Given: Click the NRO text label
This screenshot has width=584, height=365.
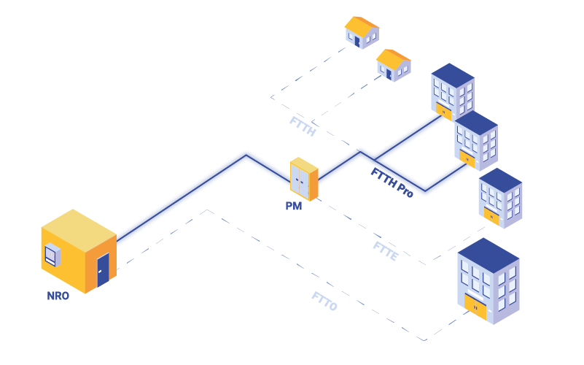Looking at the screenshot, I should pyautogui.click(x=58, y=296).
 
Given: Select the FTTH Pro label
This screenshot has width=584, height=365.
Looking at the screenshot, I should pyautogui.click(x=392, y=183).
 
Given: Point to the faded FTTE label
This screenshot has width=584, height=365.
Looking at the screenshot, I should pyautogui.click(x=385, y=250).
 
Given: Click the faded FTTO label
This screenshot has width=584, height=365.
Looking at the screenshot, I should pyautogui.click(x=324, y=301).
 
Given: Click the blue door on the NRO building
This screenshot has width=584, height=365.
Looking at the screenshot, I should pyautogui.click(x=103, y=269).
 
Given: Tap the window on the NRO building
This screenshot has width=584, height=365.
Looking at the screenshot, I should pyautogui.click(x=52, y=255).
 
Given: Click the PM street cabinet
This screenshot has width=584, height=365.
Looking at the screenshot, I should pyautogui.click(x=303, y=180).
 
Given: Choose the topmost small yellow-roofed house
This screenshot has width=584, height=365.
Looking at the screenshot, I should pyautogui.click(x=362, y=32).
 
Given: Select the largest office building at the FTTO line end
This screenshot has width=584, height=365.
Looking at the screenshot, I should pyautogui.click(x=488, y=281).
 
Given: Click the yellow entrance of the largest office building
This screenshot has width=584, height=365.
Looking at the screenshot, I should pyautogui.click(x=475, y=307).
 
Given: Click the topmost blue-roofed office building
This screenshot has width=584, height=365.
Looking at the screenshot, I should pyautogui.click(x=453, y=91).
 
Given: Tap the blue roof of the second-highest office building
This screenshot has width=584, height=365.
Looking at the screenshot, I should pyautogui.click(x=476, y=122).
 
